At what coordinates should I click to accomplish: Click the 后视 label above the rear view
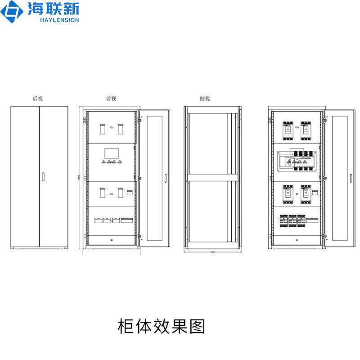point(38,98)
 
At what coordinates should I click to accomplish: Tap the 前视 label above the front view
point(111,98)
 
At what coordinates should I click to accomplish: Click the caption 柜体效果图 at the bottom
point(161,326)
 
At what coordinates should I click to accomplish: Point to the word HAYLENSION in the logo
point(59,20)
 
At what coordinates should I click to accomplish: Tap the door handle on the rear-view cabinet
point(43,176)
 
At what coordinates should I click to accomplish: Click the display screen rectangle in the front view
point(111,153)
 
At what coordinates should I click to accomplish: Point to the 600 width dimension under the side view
point(212,252)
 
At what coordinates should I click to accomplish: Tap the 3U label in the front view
point(111,241)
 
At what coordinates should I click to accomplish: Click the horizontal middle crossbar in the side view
point(211,178)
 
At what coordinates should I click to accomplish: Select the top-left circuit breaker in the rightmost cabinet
point(287,129)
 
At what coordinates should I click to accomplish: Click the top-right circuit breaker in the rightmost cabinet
point(306,129)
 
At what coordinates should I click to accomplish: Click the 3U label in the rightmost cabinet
point(297,241)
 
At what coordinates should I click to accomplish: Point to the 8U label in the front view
point(111,194)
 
